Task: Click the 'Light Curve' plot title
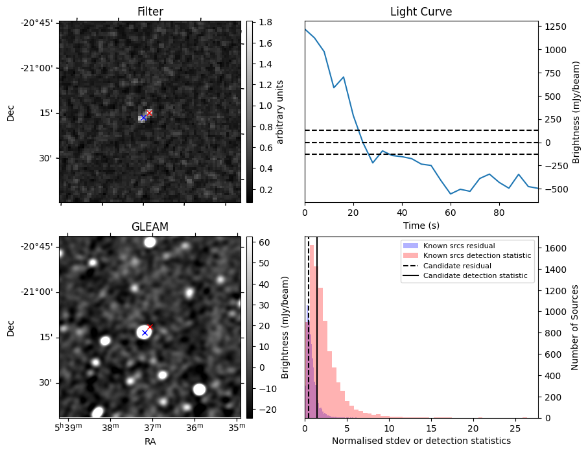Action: tap(421, 12)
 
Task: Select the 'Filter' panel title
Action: tap(150, 12)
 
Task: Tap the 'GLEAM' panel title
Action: tap(150, 227)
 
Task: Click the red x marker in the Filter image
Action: tap(149, 113)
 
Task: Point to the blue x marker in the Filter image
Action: tap(143, 117)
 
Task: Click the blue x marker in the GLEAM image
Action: tap(145, 332)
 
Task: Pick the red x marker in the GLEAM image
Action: tap(150, 327)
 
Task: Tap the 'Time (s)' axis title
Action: tap(421, 225)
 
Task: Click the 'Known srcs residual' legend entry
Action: tap(458, 246)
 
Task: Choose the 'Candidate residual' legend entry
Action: tap(457, 266)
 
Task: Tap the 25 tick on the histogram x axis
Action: tap(515, 428)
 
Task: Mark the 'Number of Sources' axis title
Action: tap(574, 327)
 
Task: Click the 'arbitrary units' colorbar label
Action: tap(280, 111)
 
